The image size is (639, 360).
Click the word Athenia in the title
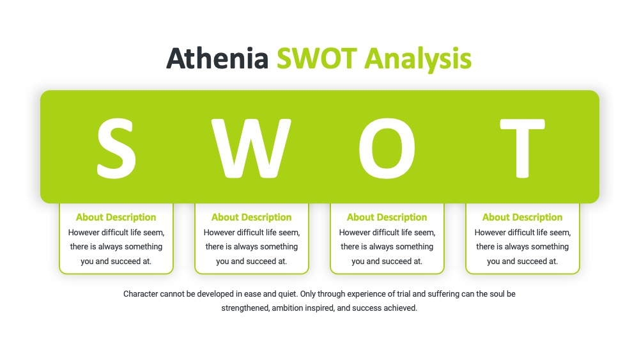(217, 58)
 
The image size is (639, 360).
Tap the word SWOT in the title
(317, 58)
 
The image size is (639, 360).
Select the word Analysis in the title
(418, 59)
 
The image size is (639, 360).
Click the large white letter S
(116, 148)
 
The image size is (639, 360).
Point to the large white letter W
(251, 148)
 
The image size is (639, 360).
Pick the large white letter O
(387, 148)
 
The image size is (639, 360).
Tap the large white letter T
(523, 148)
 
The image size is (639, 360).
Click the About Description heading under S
(116, 217)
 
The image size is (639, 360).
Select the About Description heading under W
(251, 217)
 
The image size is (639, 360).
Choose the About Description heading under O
(387, 217)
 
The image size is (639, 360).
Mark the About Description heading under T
(523, 217)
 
